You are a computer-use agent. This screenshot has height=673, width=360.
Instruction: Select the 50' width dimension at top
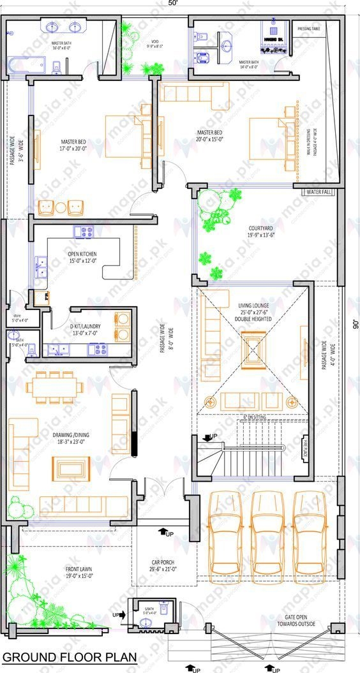click(x=173, y=4)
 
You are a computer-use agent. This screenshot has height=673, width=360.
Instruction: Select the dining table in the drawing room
click(x=54, y=387)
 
